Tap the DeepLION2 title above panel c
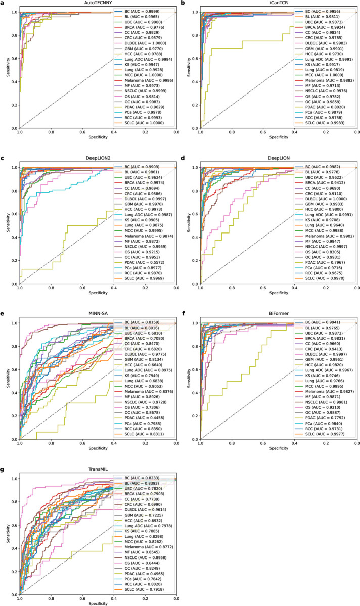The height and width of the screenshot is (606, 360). pyautogui.click(x=98, y=159)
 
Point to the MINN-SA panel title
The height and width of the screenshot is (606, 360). pyautogui.click(x=98, y=314)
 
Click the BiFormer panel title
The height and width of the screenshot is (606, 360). pyautogui.click(x=279, y=314)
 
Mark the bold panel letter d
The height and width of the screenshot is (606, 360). pyautogui.click(x=184, y=159)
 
